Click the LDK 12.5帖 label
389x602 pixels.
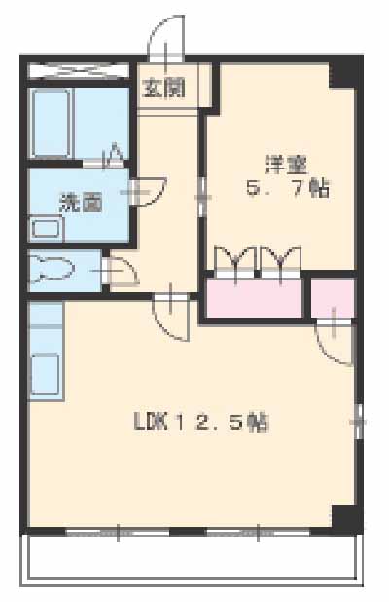[x=200, y=422]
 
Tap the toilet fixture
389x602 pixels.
[x=53, y=270]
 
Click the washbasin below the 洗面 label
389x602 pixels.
[x=46, y=231]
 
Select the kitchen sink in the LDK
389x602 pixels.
[x=46, y=373]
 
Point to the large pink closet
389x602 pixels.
[x=255, y=297]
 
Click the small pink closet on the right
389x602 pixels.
[x=333, y=297]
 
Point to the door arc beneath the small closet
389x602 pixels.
[x=336, y=341]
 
